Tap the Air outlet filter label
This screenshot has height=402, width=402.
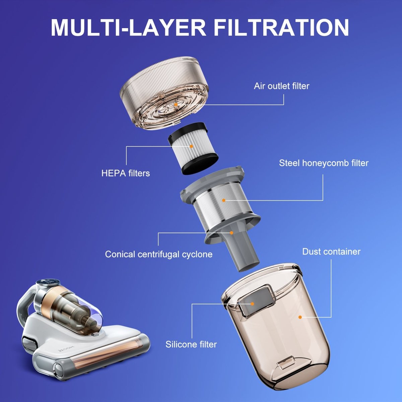281,86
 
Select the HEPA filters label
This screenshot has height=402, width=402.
125,173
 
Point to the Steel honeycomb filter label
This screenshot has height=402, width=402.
324,163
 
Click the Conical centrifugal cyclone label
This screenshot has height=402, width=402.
158,254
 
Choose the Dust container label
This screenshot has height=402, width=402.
331,252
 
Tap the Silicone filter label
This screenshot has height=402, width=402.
191,344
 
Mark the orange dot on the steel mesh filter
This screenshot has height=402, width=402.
224,200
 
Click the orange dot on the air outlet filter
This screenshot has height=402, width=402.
176,105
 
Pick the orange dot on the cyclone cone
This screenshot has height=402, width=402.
231,232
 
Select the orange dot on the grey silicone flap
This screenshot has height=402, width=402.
252,304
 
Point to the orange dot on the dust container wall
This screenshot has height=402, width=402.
300,317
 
